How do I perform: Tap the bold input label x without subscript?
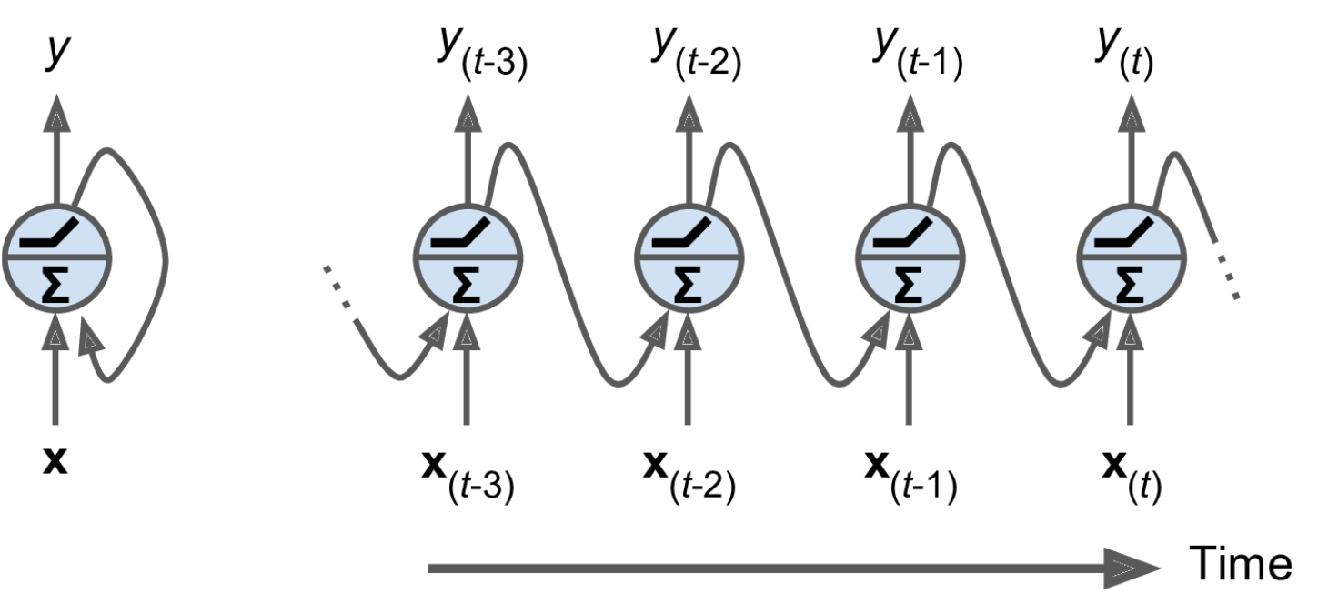pyautogui.click(x=55, y=463)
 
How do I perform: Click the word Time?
pyautogui.click(x=1240, y=564)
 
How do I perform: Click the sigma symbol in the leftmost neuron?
pyautogui.click(x=56, y=286)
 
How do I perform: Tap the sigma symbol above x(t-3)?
pyautogui.click(x=468, y=286)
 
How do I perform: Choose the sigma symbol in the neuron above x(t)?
pyautogui.click(x=1131, y=286)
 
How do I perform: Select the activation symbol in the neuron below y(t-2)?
pyautogui.click(x=689, y=234)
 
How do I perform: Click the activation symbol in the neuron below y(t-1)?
pyautogui.click(x=909, y=234)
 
